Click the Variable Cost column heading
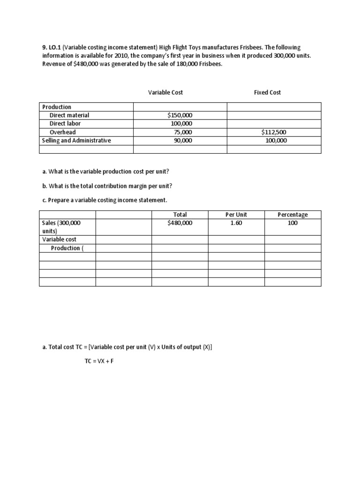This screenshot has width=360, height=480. click(x=165, y=92)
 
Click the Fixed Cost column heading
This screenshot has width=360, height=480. click(x=267, y=92)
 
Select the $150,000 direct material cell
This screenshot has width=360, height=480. click(x=180, y=115)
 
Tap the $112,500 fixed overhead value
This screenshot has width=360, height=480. click(x=273, y=132)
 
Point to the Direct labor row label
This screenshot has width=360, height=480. click(x=65, y=124)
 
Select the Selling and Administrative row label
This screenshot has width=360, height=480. click(x=76, y=141)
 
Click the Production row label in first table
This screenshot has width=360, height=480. click(x=56, y=107)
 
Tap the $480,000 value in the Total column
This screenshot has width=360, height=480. click(x=180, y=223)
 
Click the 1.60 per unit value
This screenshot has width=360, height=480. click(x=236, y=223)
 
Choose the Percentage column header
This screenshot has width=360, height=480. click(x=292, y=215)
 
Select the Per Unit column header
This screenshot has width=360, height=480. click(x=236, y=215)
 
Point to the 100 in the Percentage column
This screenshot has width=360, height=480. click(x=292, y=223)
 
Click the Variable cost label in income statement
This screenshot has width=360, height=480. click(x=59, y=240)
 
